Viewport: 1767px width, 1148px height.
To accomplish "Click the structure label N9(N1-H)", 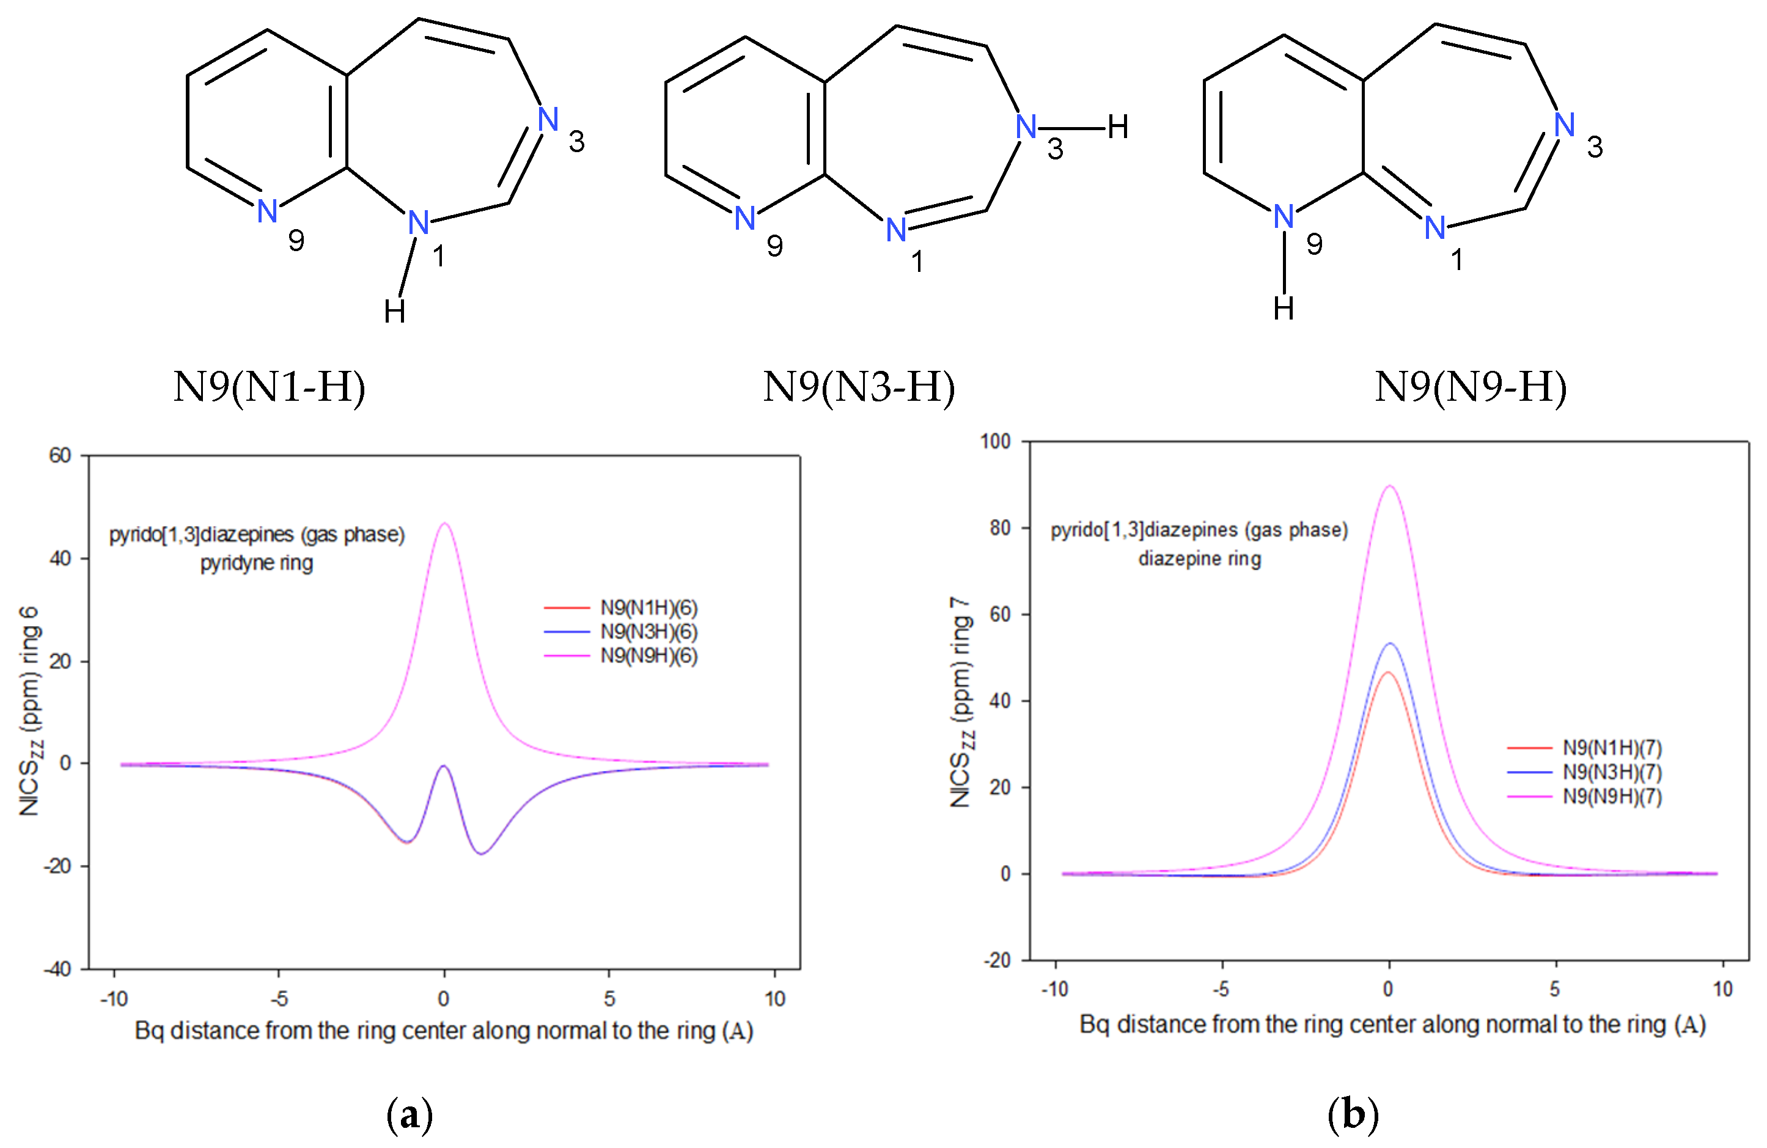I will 270,387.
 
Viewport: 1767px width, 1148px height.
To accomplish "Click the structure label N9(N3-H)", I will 859,387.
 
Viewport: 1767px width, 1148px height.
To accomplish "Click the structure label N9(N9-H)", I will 1471,387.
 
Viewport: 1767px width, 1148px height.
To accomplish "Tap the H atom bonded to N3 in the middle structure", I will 1117,128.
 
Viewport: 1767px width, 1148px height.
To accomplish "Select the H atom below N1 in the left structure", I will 394,312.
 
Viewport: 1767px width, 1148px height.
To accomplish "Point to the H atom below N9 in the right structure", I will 1284,309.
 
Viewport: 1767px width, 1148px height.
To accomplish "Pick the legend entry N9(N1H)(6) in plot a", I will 648,608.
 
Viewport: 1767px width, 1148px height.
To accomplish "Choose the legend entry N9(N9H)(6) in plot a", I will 648,655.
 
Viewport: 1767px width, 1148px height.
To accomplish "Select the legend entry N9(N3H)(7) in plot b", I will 1612,772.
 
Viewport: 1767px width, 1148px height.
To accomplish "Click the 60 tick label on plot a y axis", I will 60,456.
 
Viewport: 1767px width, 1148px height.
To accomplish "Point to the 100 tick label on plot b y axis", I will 995,442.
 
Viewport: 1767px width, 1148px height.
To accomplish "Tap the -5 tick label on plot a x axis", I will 279,999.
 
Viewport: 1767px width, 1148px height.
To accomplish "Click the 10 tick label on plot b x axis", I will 1722,989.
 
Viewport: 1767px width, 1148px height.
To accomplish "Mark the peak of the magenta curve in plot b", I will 1389,486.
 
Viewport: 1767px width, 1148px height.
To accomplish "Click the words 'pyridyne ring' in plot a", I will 256,563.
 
